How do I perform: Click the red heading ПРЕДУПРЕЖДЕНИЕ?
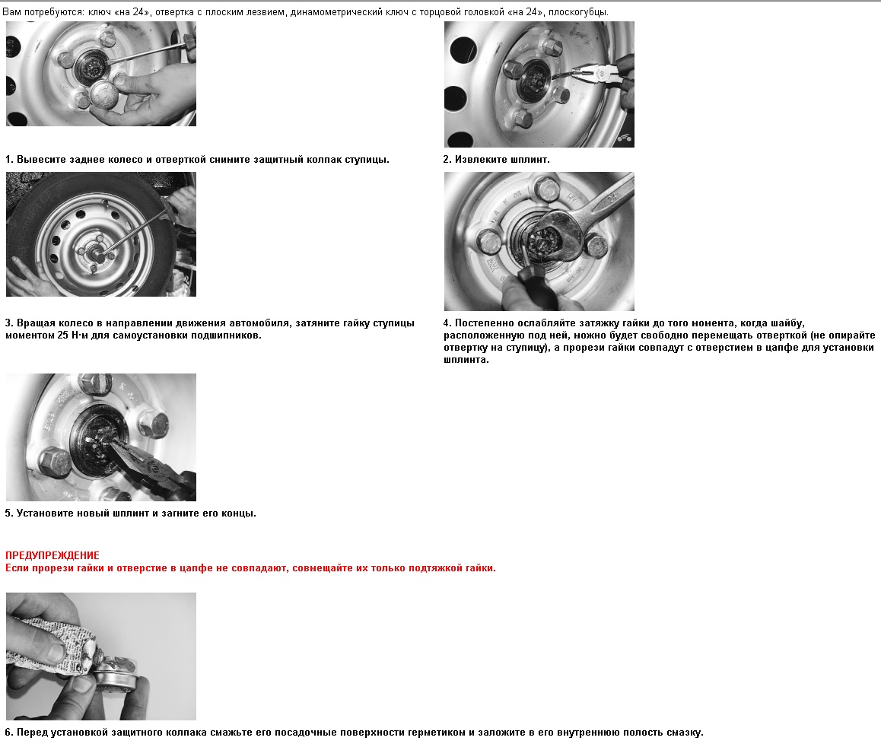coord(52,555)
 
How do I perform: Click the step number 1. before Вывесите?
coord(9,160)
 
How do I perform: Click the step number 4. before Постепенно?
coord(447,323)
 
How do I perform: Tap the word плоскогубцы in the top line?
coord(578,12)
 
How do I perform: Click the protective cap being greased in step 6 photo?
coord(115,674)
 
